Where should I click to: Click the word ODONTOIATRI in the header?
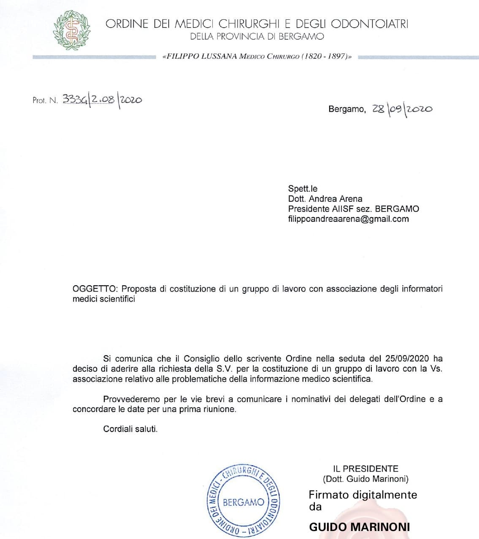coord(370,24)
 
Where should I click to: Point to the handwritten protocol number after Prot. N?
coord(102,99)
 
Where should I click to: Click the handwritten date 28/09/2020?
coord(402,109)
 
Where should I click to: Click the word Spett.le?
coord(303,188)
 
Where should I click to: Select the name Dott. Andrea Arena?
coord(325,198)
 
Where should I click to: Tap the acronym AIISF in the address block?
coord(343,209)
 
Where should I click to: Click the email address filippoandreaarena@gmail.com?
coord(348,219)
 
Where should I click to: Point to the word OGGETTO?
coord(95,289)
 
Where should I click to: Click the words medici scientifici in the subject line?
coord(104,299)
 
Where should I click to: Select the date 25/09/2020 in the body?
coord(407,359)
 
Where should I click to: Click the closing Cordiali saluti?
coord(130,429)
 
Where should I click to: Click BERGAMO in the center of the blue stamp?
coord(243,502)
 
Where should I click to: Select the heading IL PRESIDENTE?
coord(365,469)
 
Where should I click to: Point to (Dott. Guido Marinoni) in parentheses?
coord(365,479)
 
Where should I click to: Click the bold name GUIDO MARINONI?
coord(360,527)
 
